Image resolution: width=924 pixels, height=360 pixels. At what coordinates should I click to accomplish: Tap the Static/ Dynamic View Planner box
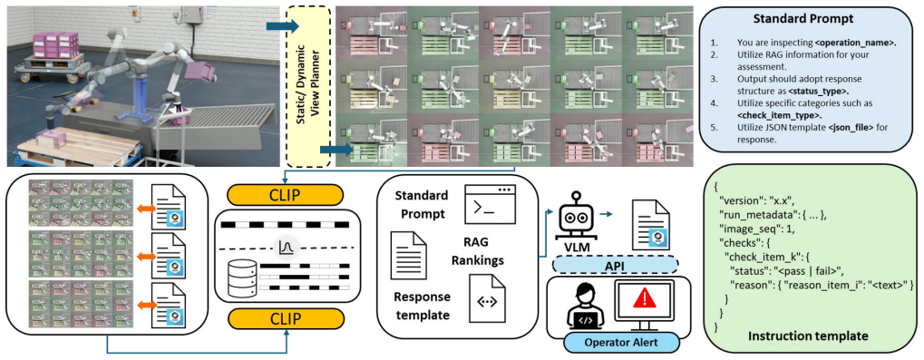[307, 86]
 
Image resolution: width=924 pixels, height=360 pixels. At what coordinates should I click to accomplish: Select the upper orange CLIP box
[285, 194]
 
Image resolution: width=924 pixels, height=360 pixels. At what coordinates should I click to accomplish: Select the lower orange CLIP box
[285, 319]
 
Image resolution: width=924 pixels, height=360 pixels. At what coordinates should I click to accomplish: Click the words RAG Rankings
[479, 248]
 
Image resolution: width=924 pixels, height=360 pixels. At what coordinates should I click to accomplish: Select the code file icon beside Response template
[487, 300]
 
